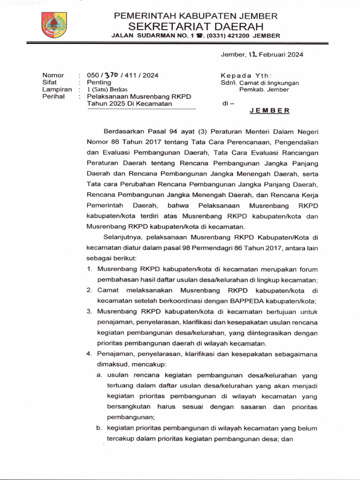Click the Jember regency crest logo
pos(54,25)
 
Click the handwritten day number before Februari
pos(253,54)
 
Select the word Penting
pos(96,82)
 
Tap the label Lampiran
pos(57,90)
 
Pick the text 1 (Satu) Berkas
pos(107,90)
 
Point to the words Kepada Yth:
pos(246,75)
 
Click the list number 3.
pos(89,311)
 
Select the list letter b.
pos(99,428)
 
